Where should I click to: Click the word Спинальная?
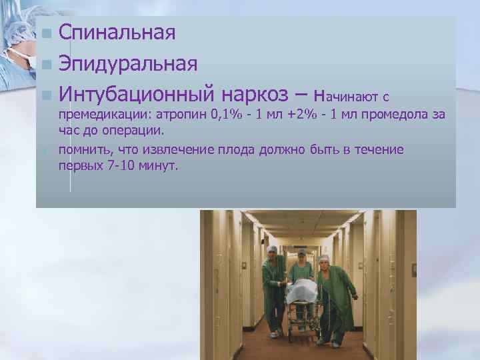(117, 33)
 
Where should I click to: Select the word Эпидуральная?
(127, 63)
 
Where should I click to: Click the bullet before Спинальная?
(45, 34)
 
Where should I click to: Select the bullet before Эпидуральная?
(45, 65)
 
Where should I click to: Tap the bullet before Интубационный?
(45, 95)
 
